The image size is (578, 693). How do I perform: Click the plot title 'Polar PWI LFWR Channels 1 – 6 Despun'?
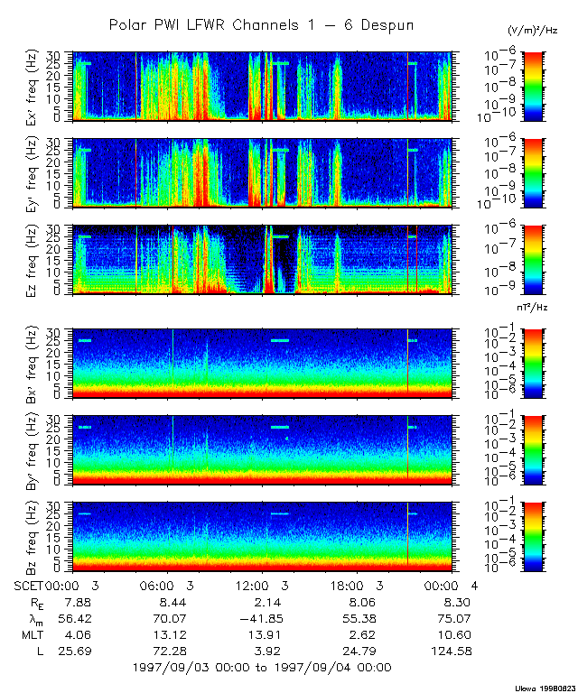(x=261, y=25)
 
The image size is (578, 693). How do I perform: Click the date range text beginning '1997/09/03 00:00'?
(x=261, y=668)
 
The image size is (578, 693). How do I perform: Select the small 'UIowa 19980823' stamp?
(x=545, y=687)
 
